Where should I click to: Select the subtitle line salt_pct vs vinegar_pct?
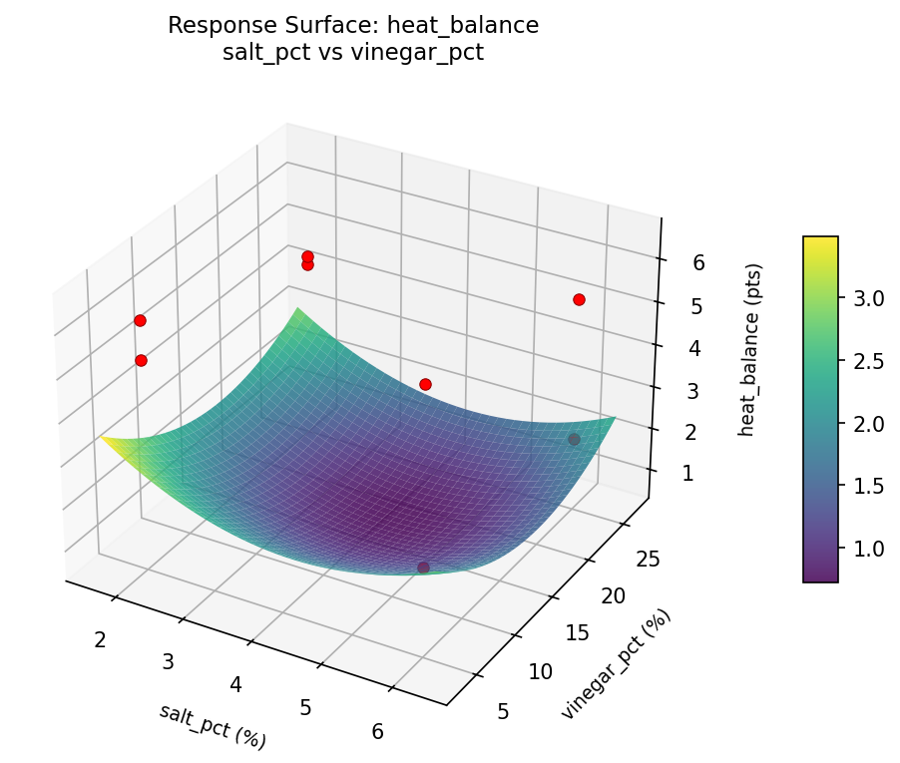coord(353,54)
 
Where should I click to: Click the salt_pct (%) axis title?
coord(213,726)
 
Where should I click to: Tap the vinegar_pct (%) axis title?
coord(616,663)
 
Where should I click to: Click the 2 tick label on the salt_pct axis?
coord(100,639)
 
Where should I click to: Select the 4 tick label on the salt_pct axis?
coord(236,684)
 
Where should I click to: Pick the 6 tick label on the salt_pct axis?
coord(377,731)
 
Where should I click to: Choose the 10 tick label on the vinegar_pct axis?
coord(539,671)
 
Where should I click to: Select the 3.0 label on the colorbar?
coord(869,298)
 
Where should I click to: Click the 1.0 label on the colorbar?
coord(869,549)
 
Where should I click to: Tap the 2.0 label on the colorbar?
coord(869,424)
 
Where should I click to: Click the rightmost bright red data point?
coord(579,299)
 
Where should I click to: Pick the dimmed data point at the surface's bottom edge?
coord(423,568)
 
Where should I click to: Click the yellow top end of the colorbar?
coord(820,242)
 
